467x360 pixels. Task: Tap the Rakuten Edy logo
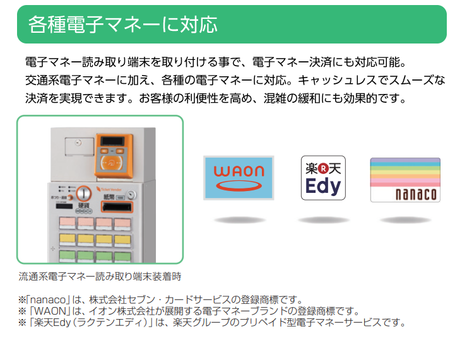[x=323, y=178]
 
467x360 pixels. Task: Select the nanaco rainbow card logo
[x=405, y=180]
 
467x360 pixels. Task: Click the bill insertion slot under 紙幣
[x=117, y=207]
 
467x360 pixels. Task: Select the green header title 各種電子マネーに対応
[x=123, y=25]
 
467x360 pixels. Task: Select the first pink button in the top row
[x=67, y=223]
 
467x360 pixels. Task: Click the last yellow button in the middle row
[x=122, y=239]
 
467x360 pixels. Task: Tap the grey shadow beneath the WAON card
[x=239, y=220]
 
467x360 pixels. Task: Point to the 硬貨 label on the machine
[x=82, y=206]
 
